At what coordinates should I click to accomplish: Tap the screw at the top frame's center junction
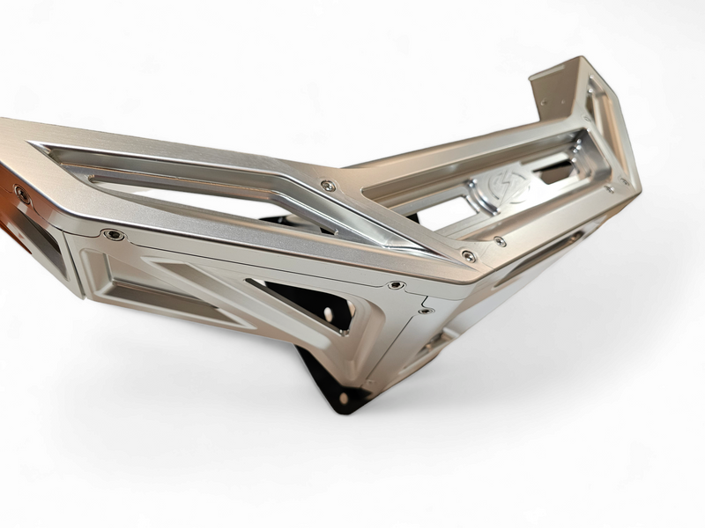coord(328,186)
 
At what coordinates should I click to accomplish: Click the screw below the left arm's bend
coord(113,234)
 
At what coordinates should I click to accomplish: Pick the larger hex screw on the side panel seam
coord(396,285)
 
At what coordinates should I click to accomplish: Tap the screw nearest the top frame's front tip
coord(469,256)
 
